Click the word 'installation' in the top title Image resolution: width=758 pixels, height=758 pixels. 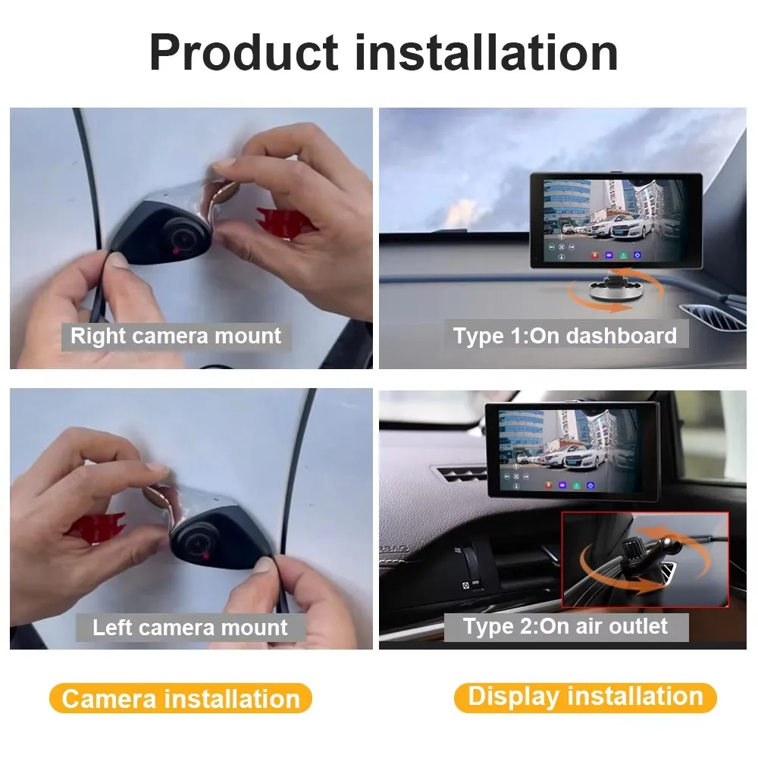click(485, 52)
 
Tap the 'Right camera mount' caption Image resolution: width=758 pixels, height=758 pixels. click(175, 336)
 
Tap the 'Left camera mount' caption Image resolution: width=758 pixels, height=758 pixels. click(190, 628)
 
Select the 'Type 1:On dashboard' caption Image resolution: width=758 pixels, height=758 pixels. click(565, 336)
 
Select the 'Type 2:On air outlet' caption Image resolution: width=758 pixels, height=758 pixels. click(565, 626)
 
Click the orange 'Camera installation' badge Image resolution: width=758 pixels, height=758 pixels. click(180, 698)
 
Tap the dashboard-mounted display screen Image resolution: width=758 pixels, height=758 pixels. click(615, 221)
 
